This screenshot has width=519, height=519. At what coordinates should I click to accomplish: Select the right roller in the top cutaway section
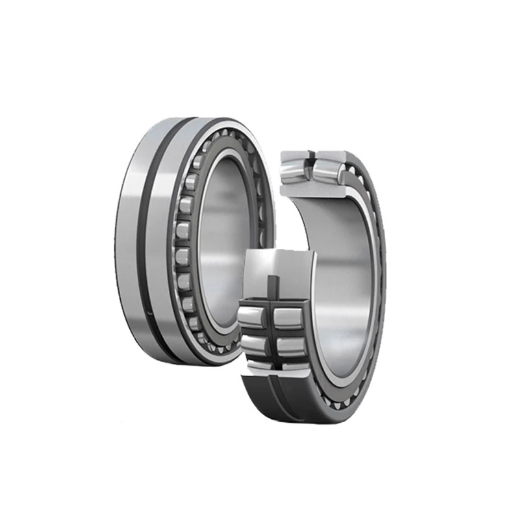329,168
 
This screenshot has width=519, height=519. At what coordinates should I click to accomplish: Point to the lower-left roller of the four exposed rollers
252,344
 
